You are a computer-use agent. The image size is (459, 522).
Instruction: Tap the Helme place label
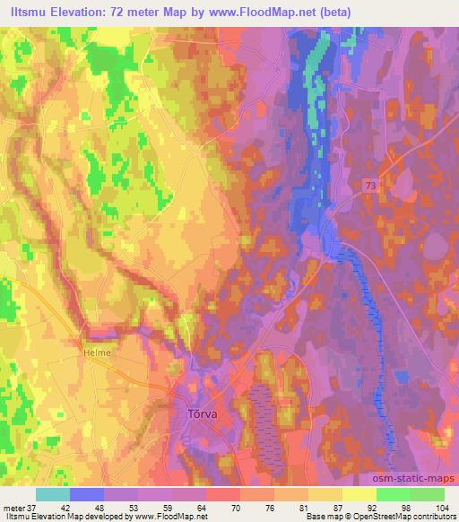point(96,352)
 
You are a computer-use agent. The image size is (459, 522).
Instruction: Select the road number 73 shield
point(370,184)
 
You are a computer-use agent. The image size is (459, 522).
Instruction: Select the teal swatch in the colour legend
point(53,494)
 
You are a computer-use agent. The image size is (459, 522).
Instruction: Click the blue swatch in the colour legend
point(87,494)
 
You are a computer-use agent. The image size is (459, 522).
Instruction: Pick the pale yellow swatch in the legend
point(359,494)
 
